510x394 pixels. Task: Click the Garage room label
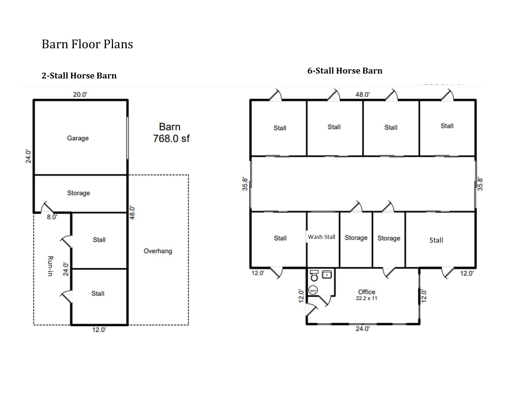(78, 138)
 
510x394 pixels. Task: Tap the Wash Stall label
(321, 237)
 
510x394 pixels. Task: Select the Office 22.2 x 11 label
(367, 295)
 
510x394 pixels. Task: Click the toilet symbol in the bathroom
(314, 276)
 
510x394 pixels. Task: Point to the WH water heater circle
(313, 290)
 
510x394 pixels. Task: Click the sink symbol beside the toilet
(327, 274)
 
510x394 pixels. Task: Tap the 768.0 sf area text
(171, 138)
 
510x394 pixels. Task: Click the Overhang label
(158, 251)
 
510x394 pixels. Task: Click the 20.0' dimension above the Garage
(80, 94)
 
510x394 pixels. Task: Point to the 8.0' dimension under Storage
(52, 217)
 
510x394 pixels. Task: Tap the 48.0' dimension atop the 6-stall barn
(363, 94)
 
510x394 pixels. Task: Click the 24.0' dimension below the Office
(363, 329)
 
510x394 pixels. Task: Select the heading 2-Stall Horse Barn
(79, 76)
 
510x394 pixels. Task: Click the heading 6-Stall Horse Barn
(345, 71)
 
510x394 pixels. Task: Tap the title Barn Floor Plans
(87, 44)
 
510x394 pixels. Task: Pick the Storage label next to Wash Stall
(356, 238)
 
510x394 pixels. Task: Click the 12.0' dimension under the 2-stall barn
(99, 330)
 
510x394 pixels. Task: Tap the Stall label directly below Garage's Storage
(99, 240)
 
